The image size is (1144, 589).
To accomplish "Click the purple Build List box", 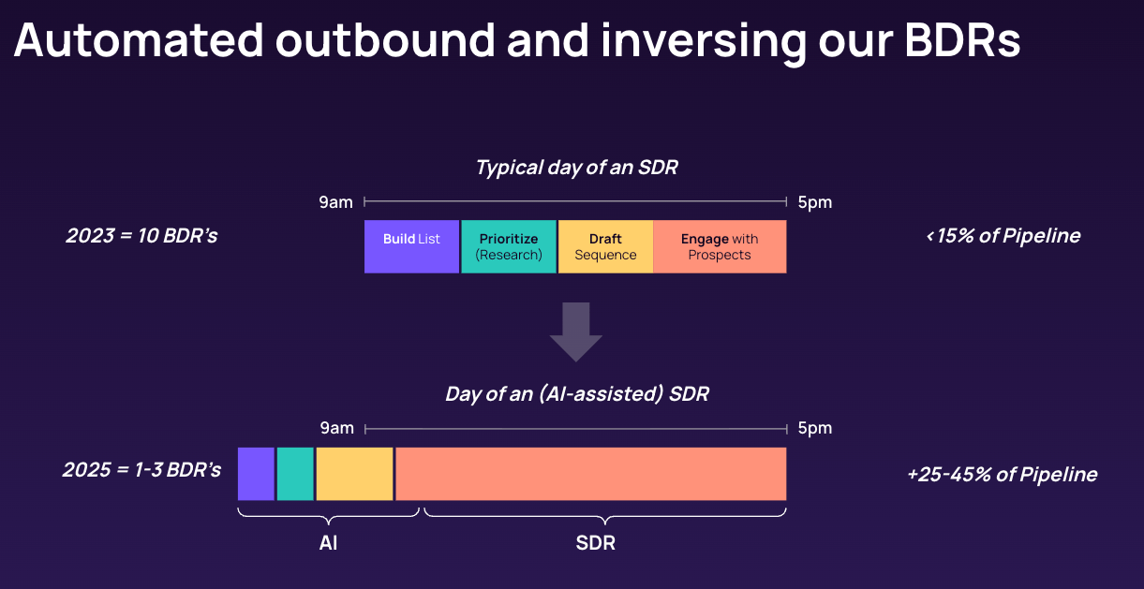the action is tap(411, 246).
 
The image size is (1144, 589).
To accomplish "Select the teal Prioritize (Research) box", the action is tap(509, 246).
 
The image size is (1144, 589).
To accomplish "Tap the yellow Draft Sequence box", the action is tap(605, 246).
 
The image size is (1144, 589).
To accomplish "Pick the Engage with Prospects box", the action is tap(721, 246).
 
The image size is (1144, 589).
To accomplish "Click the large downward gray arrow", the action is tap(576, 331).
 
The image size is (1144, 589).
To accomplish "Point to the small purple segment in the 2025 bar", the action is tap(256, 474).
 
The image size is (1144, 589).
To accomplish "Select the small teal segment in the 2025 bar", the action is tap(295, 474).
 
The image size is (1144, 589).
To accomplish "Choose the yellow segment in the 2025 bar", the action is tap(355, 474).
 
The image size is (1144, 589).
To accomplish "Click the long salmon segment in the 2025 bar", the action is tap(591, 474).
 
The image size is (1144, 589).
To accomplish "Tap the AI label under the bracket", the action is tap(328, 542).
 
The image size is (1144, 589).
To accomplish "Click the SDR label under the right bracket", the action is tap(596, 542).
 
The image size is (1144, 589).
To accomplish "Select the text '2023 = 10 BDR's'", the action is tap(141, 236).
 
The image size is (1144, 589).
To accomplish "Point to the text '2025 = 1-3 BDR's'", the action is tap(141, 469).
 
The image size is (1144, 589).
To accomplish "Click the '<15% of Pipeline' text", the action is tap(1003, 236).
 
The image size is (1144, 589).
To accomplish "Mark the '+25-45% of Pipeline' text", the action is tap(1002, 474).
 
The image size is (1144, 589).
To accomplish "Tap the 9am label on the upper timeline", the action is tap(336, 202).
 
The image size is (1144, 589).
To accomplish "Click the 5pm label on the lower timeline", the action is tap(815, 428).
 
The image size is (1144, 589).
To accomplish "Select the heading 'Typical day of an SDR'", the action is tap(576, 168).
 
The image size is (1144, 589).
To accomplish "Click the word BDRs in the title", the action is tap(962, 40).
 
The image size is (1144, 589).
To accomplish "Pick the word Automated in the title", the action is tap(139, 40).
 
